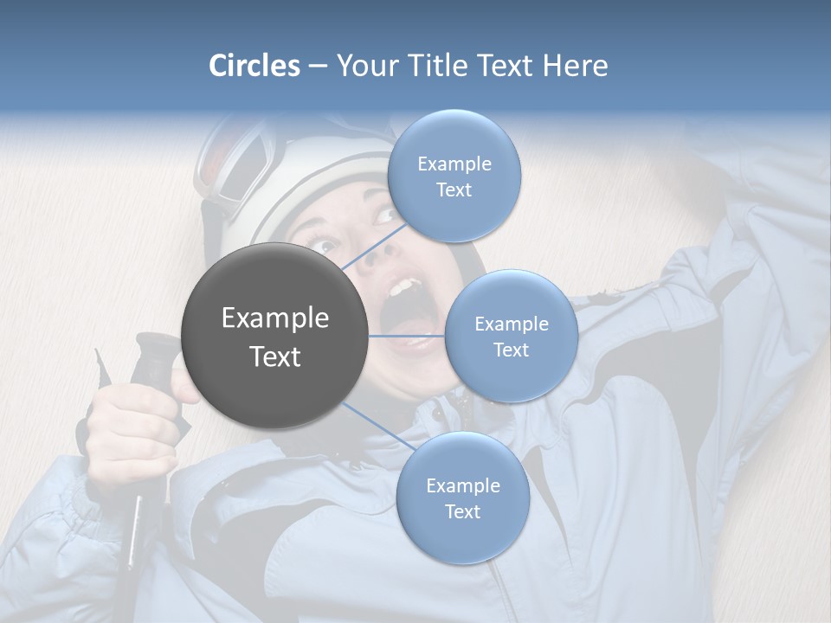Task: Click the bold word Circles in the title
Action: point(254,66)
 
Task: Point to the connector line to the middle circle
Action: point(407,336)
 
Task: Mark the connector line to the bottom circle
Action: point(378,426)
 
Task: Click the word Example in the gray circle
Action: point(274,318)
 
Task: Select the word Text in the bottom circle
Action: point(462,511)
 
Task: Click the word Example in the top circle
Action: point(454,164)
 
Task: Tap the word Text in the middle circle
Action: point(511,350)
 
